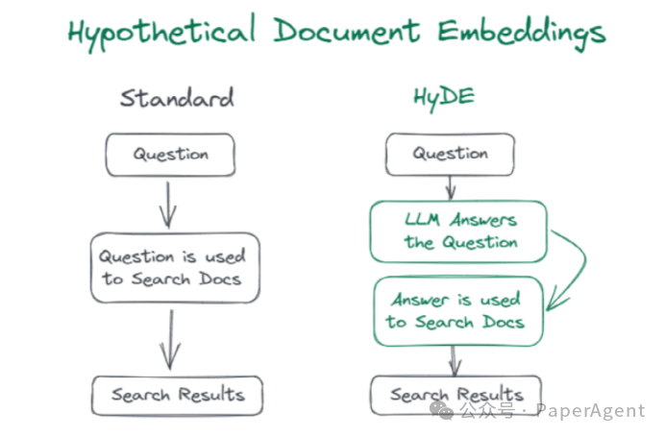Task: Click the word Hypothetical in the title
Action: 162,32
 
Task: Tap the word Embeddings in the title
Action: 523,32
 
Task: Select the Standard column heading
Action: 177,99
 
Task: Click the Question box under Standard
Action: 170,155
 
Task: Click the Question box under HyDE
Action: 450,155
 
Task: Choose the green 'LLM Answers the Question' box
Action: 458,231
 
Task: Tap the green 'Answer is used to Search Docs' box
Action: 456,310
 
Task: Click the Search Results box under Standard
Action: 177,395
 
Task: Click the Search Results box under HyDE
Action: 456,395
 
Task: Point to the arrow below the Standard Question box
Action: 169,204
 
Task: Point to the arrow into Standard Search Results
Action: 170,339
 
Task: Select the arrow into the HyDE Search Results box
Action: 455,361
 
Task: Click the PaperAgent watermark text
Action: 590,411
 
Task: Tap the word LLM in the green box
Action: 424,220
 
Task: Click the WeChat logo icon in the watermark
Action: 444,410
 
